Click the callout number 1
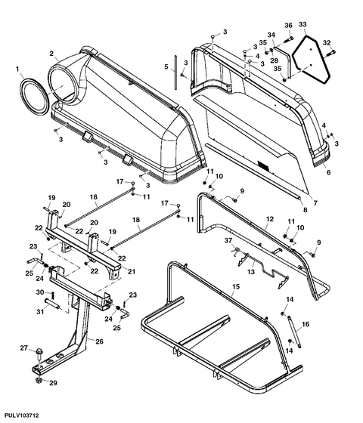coord(17,69)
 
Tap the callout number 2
coord(51,53)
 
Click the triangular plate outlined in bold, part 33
coord(311,59)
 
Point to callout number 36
coord(288,26)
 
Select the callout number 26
coord(99,341)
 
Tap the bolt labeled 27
coord(39,354)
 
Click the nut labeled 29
coord(39,381)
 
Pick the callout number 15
coord(236,286)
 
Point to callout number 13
coord(251,272)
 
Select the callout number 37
coord(228,240)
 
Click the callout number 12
coord(270,219)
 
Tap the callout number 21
coord(132,271)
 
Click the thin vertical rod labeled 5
coord(175,73)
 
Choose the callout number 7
coord(315,203)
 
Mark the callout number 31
coord(40,311)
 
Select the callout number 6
coord(328,172)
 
